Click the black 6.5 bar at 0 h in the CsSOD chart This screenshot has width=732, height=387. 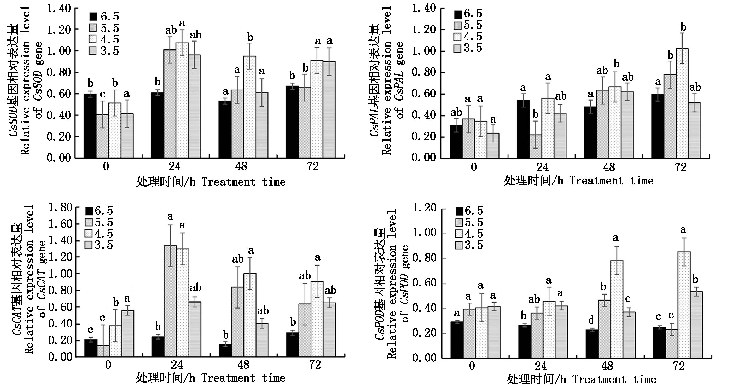tap(90, 126)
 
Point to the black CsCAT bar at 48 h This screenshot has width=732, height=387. tap(225, 350)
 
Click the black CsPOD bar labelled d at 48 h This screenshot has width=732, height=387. tap(591, 348)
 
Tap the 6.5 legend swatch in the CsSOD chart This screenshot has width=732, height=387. tap(93, 17)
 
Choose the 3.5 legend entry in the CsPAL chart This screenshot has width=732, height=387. tap(468, 48)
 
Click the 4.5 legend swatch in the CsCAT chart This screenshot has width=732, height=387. tap(89, 234)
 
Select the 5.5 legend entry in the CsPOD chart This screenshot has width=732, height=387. tap(469, 222)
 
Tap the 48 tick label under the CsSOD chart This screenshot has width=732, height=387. tap(241, 166)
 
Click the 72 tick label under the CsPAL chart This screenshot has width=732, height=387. tap(681, 167)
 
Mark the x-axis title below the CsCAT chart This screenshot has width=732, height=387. tap(211, 378)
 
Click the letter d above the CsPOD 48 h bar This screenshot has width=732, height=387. tap(591, 321)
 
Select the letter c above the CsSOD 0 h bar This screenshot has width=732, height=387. tap(102, 94)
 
